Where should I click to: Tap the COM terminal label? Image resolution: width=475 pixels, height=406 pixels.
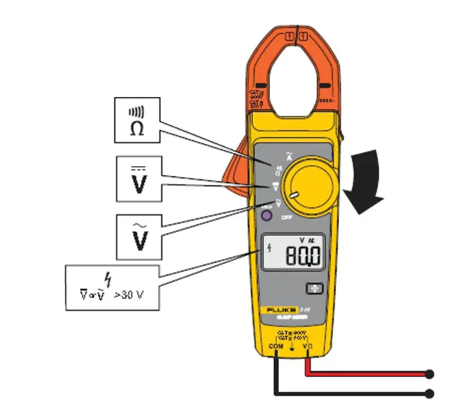[x=276, y=348]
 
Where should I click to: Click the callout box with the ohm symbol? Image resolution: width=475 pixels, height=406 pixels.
[x=137, y=120]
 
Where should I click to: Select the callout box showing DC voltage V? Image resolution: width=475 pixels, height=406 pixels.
[x=138, y=179]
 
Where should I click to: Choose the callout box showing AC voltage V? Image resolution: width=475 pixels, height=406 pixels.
[x=138, y=234]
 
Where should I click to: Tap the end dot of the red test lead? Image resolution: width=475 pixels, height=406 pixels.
[x=429, y=374]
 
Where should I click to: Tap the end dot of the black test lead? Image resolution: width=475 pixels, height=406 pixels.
[x=429, y=394]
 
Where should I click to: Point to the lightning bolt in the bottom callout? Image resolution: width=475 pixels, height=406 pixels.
[x=109, y=278]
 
